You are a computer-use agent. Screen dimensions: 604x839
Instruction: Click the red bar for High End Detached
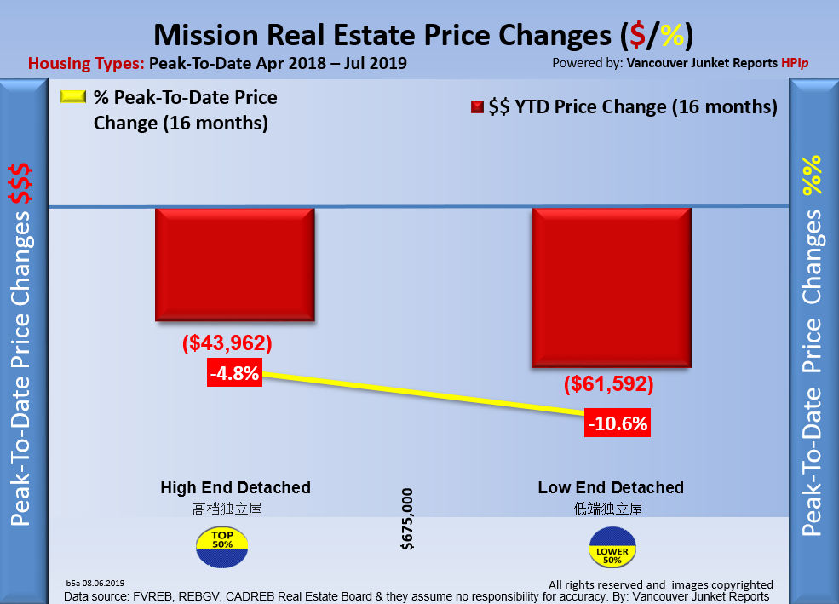(235, 264)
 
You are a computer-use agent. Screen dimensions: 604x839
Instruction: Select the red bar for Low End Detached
(611, 287)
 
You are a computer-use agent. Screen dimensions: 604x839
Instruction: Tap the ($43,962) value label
(227, 344)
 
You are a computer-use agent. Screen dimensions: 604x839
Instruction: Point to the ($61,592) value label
(608, 384)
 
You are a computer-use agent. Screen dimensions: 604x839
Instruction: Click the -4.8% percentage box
(233, 373)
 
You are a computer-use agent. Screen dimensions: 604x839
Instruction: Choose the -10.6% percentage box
(618, 423)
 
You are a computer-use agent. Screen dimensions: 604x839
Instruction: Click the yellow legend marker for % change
(73, 98)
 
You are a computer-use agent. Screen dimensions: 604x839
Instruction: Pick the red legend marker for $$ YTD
(477, 108)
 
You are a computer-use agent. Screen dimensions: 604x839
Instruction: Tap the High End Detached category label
(235, 488)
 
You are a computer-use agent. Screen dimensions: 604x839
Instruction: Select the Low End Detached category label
(611, 488)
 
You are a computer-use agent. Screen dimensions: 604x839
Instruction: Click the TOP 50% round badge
(221, 548)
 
